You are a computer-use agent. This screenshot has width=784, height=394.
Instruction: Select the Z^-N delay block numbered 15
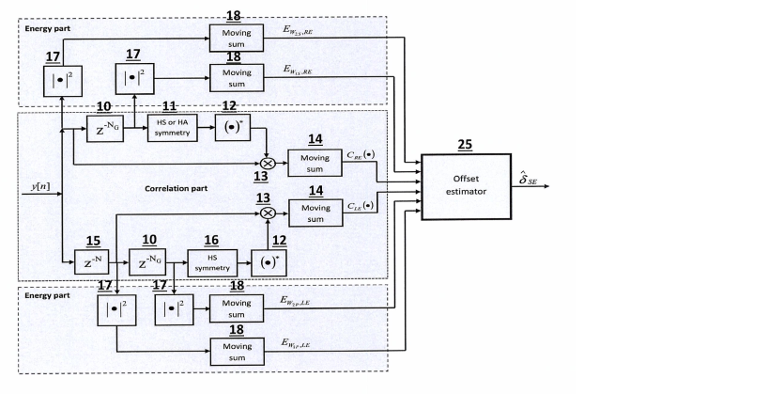coord(92,262)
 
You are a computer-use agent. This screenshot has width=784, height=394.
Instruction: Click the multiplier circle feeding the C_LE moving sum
coord(267,213)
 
